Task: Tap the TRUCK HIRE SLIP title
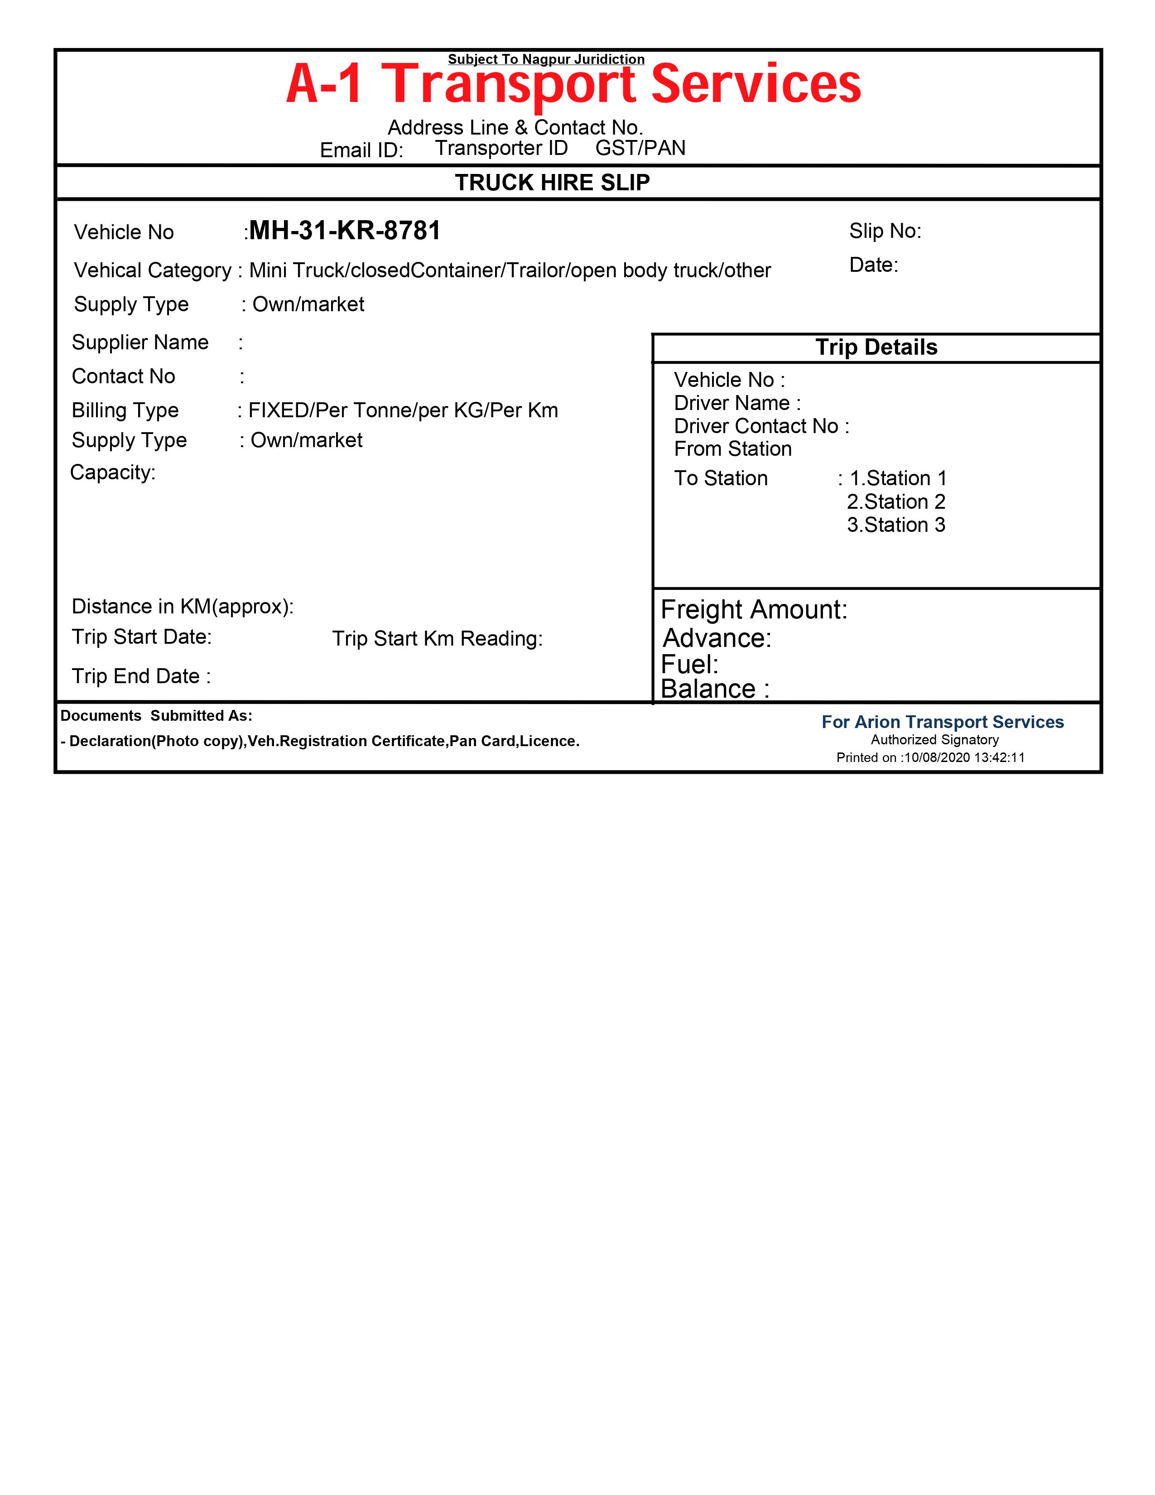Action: (x=552, y=183)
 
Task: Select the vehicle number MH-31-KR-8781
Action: (x=345, y=231)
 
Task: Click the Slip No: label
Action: (x=885, y=231)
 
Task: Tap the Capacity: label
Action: (x=113, y=473)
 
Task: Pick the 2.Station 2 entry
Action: (x=895, y=502)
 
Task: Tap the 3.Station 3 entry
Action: (x=895, y=525)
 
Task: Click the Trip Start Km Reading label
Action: (x=437, y=639)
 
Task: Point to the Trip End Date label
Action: (x=141, y=676)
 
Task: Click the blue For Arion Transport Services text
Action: (x=942, y=722)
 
